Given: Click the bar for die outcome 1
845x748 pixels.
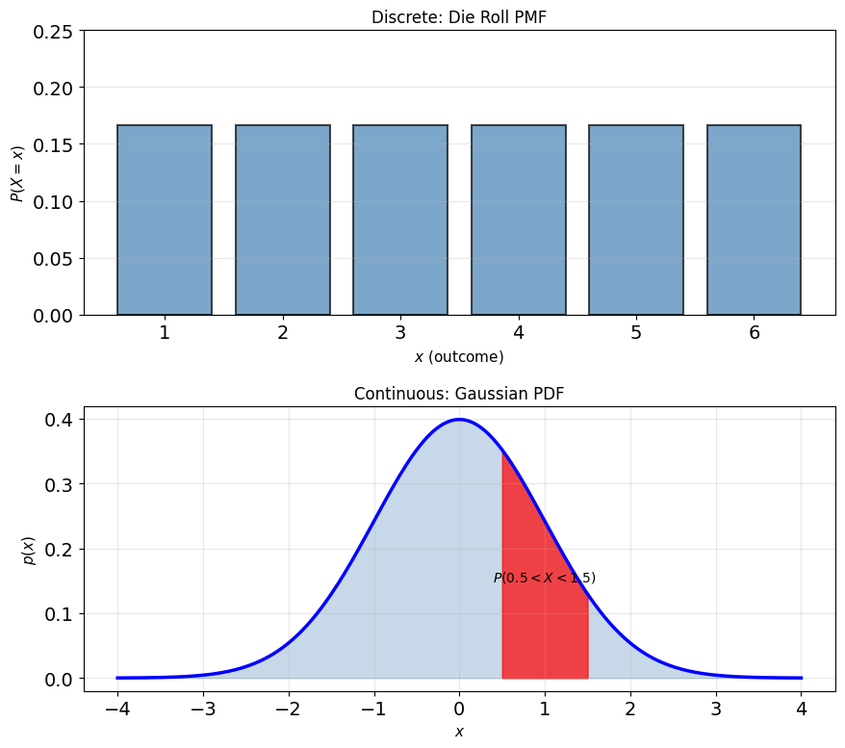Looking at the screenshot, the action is [165, 219].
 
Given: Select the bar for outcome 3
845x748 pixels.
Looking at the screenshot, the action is [400, 219].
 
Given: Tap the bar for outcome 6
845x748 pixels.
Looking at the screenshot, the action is [754, 219].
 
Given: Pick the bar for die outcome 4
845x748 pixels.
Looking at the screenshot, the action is [519, 219].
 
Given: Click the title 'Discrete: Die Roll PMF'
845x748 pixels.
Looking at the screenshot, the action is [459, 17].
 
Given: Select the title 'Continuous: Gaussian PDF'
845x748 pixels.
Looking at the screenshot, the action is [459, 394].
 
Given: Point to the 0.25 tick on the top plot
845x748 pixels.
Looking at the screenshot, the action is [53, 32].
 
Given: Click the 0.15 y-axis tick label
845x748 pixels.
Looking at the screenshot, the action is [53, 145].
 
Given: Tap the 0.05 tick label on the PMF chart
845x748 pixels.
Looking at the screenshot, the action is [53, 259].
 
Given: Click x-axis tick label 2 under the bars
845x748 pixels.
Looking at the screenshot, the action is [282, 332].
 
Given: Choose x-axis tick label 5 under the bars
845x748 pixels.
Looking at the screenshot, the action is [636, 332].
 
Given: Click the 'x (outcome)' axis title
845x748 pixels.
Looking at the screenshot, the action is [459, 357].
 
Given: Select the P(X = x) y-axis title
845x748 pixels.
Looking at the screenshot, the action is [17, 173].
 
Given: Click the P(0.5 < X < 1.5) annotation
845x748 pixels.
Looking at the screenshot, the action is [545, 578].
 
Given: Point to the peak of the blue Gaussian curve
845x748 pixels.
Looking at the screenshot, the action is [459, 420].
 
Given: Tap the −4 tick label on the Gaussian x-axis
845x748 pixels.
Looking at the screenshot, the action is [117, 709].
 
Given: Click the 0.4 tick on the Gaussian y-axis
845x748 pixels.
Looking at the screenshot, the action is [59, 420].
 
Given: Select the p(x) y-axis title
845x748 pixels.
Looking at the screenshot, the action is [29, 551].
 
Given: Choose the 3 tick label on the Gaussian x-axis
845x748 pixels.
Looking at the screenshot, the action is [716, 709].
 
